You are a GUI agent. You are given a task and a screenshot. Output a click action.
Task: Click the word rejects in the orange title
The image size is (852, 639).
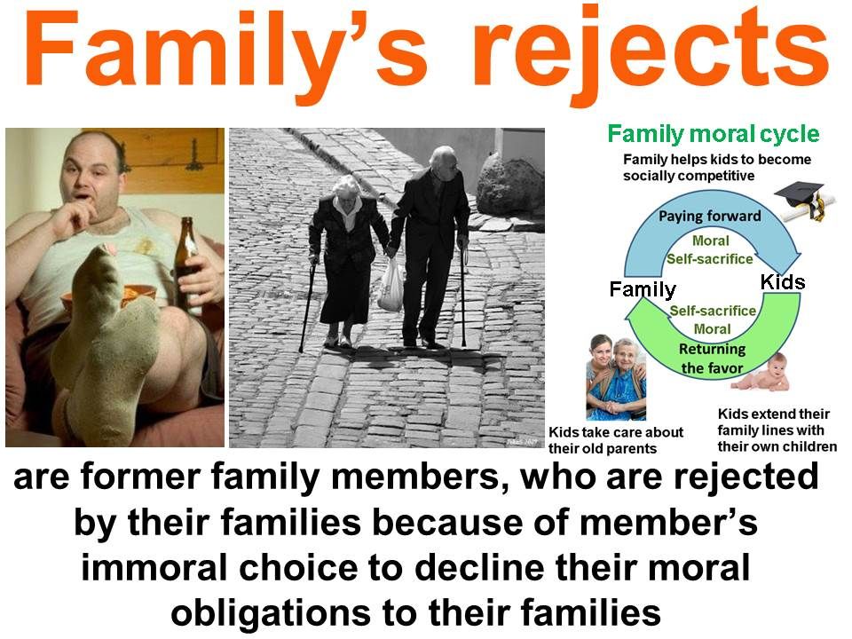click(x=651, y=54)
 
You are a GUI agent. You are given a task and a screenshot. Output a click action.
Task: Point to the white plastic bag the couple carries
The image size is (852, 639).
click(x=390, y=285)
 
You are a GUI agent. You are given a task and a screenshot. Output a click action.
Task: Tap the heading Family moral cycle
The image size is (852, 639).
click(x=713, y=134)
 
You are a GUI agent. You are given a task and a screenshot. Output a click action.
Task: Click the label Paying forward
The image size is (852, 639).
click(x=710, y=216)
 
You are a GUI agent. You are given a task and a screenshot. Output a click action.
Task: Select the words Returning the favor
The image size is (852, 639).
click(x=712, y=358)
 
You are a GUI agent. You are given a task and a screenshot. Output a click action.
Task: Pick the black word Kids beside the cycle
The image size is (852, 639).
click(x=783, y=282)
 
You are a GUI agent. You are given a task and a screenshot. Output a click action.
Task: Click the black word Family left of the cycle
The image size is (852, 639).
click(x=643, y=289)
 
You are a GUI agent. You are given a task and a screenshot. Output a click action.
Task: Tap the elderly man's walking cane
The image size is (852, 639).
click(x=463, y=296)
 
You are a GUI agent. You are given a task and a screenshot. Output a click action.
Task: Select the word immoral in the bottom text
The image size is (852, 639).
click(x=154, y=568)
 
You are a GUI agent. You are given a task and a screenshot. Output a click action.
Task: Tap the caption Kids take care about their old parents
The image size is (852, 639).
click(x=616, y=441)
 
